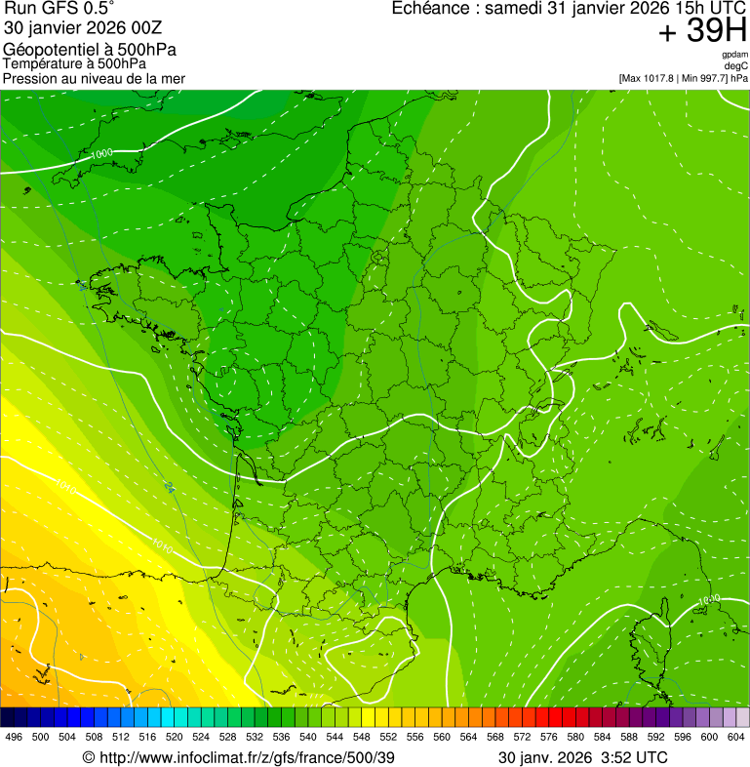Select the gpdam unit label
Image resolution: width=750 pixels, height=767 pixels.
735,55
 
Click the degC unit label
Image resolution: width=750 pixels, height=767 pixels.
736,65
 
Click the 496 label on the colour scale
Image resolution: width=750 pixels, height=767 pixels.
14,738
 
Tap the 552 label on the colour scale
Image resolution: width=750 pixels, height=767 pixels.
388,738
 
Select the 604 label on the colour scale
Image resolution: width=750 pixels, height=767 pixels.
736,738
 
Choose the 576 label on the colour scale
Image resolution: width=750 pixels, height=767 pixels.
549,738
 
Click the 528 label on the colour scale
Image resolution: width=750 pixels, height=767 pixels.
227,738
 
